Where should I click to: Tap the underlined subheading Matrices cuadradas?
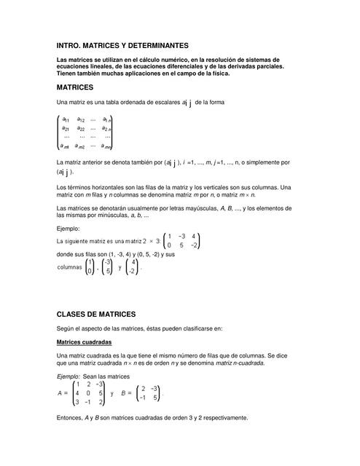[84, 341]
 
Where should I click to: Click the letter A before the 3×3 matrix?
[59, 392]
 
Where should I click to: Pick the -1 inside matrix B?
[144, 398]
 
